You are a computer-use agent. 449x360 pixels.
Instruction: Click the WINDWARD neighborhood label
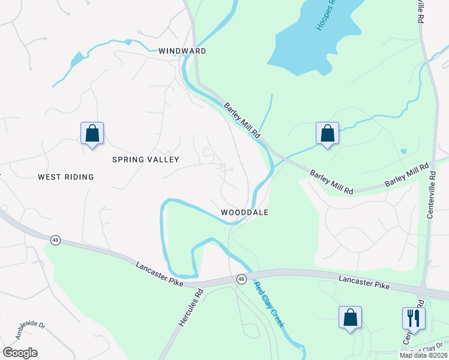point(182,51)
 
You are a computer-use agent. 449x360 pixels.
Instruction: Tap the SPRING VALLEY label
point(146,160)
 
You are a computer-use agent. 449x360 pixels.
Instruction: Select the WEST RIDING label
point(66,177)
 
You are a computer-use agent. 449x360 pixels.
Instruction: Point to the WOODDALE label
point(244,212)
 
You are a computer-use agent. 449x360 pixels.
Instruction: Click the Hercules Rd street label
point(191,308)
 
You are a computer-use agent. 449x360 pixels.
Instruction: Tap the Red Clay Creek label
point(269,305)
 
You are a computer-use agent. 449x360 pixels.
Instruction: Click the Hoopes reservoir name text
point(328,16)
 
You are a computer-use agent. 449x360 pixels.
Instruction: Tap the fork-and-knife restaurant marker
point(414,317)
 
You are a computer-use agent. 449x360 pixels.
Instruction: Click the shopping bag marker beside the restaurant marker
point(350,317)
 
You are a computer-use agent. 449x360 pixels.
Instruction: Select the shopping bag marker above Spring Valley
point(92,133)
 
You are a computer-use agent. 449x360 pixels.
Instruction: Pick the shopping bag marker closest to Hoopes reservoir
point(327,133)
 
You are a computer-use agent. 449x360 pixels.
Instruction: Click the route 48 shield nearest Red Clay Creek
point(241,279)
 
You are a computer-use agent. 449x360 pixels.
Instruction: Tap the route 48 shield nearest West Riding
point(55,240)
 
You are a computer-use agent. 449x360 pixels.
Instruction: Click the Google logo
point(20,353)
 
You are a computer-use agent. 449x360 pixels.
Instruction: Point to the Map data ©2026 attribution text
point(423,355)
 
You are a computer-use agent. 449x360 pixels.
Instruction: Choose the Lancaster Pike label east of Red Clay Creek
point(364,283)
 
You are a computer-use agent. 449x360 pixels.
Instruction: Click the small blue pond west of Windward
point(77,59)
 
